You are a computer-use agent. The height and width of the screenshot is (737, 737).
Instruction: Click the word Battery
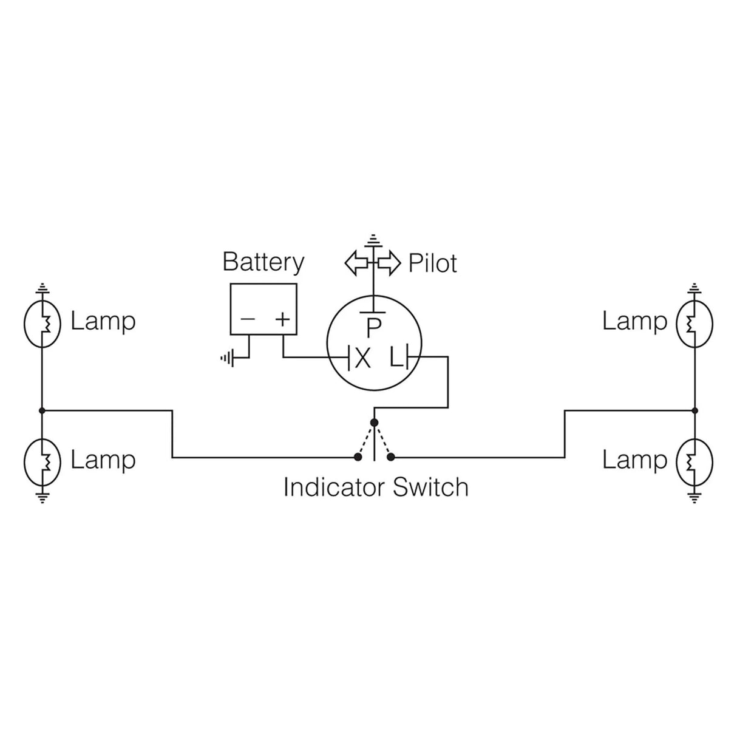point(263,262)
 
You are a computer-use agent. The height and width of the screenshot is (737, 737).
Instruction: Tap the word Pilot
point(432,263)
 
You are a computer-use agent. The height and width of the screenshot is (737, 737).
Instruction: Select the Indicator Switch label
point(376,487)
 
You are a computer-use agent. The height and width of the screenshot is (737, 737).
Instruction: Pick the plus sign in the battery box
point(282,319)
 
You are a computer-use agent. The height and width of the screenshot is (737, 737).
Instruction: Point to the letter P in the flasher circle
point(373,328)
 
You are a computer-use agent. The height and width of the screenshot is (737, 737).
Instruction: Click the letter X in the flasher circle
point(362,358)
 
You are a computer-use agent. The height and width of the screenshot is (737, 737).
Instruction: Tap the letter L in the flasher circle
point(396,358)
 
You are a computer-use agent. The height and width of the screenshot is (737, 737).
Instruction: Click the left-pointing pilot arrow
point(356,263)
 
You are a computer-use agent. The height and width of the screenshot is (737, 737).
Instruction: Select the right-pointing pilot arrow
point(389,263)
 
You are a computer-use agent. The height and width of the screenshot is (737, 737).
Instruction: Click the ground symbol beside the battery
point(227,359)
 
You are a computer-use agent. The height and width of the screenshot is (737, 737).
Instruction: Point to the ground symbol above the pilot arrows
point(374,240)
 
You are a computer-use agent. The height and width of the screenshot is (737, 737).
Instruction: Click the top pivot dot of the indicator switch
point(375,423)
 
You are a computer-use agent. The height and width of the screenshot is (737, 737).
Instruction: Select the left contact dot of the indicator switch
point(357,457)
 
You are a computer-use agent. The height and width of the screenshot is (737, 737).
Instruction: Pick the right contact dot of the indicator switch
point(392,457)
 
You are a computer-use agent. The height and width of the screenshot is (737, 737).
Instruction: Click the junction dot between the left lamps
point(42,411)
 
